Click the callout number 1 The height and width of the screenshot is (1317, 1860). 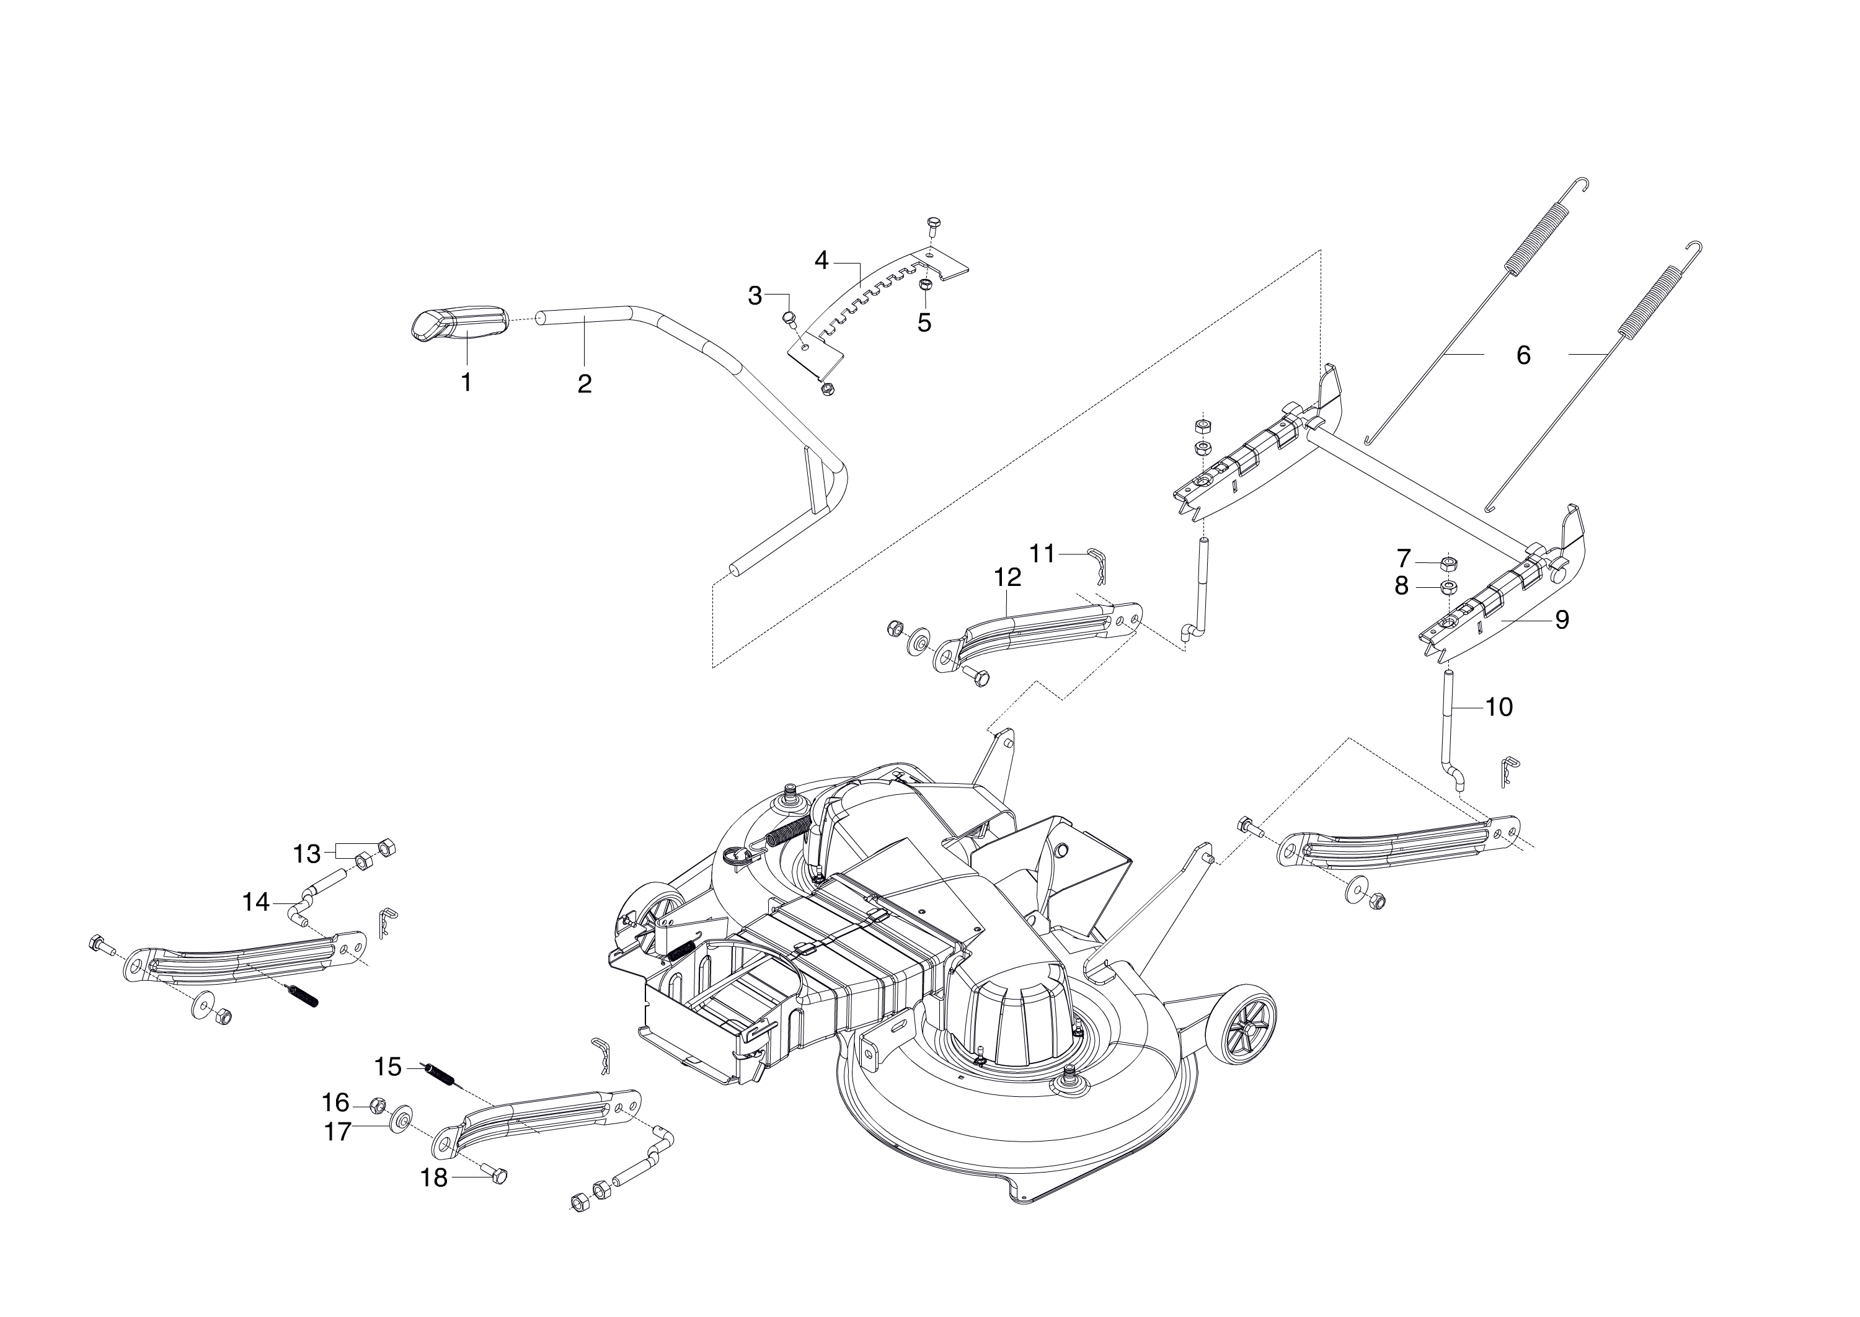coord(466,382)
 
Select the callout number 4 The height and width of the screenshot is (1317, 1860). coord(821,260)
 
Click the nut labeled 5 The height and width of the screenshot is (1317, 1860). coord(924,285)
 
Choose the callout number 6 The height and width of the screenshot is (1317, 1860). coord(1523,355)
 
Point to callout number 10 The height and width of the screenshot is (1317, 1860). coord(1499,707)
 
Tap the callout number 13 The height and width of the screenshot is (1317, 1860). coord(306,854)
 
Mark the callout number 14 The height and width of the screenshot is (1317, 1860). coord(256,902)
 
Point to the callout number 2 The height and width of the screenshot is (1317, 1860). coord(585,384)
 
